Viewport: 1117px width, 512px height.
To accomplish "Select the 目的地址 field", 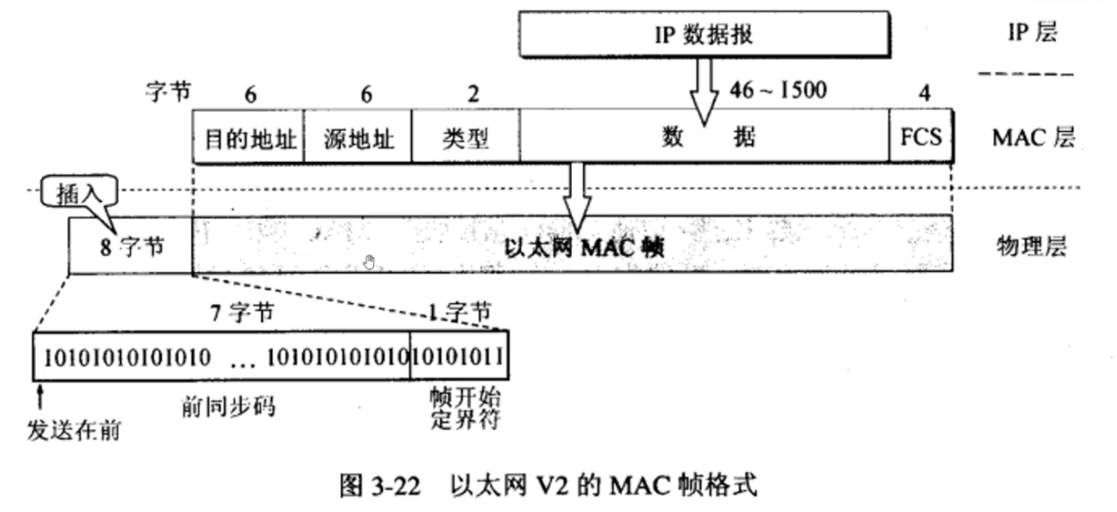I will [x=248, y=137].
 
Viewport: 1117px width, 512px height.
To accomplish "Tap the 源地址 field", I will [x=358, y=137].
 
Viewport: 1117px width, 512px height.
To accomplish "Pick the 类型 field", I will [x=466, y=137].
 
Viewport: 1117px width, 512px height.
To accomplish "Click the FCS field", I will [x=920, y=136].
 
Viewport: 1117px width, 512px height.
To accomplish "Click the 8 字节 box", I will [x=130, y=248].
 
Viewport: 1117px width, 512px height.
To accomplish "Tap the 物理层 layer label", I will [x=1030, y=247].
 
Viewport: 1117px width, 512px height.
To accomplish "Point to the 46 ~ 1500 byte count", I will [x=778, y=91].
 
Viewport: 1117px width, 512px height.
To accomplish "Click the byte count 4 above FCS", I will [x=924, y=94].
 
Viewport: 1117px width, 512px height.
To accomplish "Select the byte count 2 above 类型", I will [x=473, y=94].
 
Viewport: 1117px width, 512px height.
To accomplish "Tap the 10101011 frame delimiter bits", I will [x=459, y=356].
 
